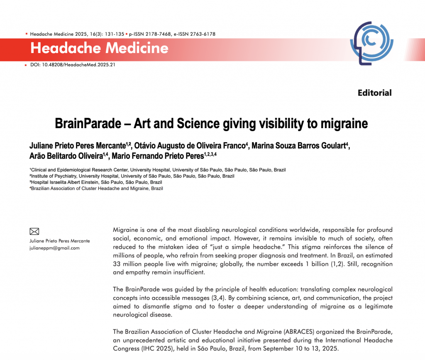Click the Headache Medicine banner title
click(99, 49)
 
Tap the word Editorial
click(374, 93)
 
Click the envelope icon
click(35, 231)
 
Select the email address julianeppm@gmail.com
click(54, 248)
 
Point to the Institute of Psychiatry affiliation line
click(132, 176)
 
